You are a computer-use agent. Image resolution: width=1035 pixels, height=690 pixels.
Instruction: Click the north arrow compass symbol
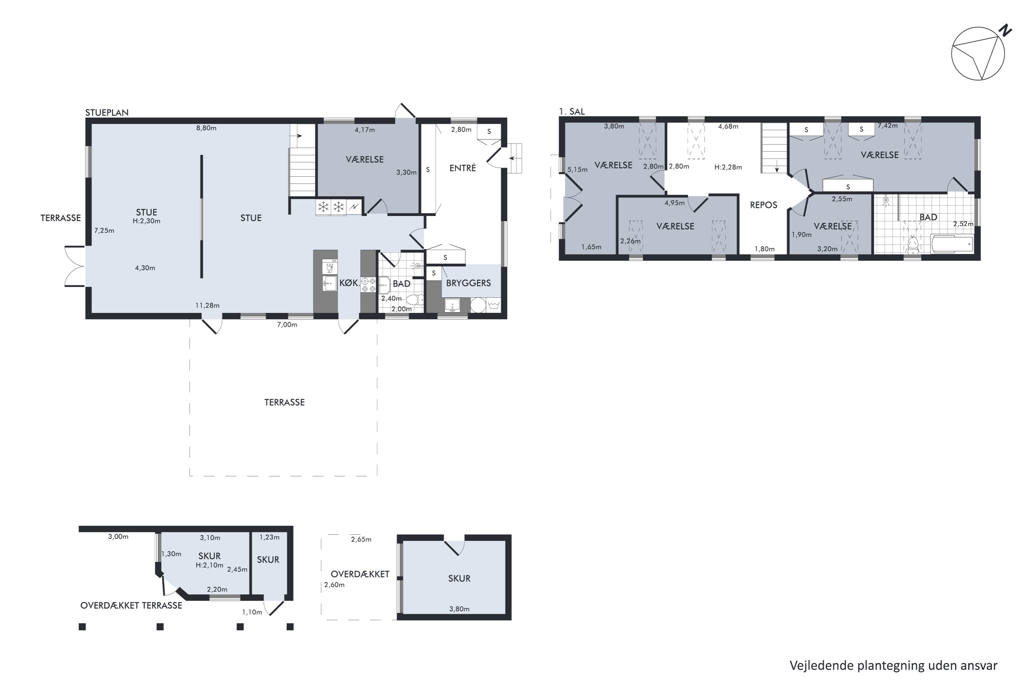pos(978,54)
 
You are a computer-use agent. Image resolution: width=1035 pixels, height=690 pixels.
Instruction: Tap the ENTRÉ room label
pos(463,168)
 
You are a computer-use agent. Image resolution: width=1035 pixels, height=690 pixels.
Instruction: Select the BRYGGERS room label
pos(468,283)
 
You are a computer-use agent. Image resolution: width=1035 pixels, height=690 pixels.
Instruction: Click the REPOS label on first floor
pos(763,205)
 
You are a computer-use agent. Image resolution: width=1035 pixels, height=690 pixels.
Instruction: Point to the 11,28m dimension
pos(207,305)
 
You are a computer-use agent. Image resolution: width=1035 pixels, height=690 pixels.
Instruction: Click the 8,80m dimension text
pos(206,128)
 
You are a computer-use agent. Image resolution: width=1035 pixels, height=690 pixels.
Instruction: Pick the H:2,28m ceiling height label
pos(728,167)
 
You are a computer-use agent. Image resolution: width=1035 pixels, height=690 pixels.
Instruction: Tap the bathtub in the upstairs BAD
pos(952,244)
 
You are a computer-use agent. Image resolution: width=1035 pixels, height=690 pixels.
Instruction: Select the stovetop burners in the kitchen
pos(368,285)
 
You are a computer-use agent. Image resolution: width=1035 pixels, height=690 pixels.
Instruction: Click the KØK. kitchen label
pos(349,283)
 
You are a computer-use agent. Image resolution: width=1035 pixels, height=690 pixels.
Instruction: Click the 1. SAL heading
pos(572,111)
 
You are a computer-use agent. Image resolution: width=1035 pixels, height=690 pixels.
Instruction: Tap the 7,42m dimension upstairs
pos(888,126)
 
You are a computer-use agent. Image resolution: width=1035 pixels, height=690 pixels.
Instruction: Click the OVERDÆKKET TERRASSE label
pos(131,605)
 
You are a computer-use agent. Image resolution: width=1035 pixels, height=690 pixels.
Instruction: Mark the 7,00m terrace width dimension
pos(287,325)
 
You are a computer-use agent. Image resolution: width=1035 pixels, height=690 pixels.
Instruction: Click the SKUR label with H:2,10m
pos(209,556)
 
